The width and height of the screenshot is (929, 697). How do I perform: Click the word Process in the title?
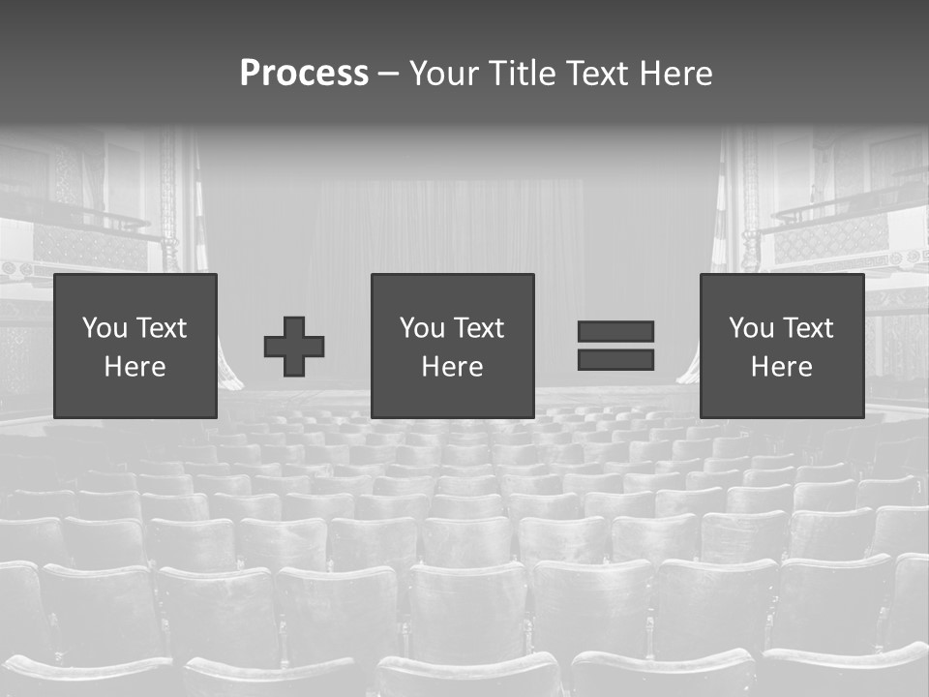click(x=304, y=74)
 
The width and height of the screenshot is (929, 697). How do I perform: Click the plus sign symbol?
click(x=294, y=347)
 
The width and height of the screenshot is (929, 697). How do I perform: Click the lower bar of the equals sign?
click(x=615, y=360)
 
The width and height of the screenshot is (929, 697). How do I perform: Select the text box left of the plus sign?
click(x=135, y=346)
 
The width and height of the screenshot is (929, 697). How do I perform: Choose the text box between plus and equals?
click(x=452, y=346)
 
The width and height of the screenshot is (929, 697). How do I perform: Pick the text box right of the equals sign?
click(x=781, y=346)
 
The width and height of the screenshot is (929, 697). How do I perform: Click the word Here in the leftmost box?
click(x=135, y=367)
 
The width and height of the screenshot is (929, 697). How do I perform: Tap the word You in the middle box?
click(x=422, y=328)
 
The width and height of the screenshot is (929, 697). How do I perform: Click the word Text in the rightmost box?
click(x=807, y=328)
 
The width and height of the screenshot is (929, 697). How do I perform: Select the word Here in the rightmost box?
click(x=781, y=367)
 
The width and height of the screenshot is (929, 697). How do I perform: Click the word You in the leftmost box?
click(x=105, y=328)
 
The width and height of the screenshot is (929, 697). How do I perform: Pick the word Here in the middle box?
click(x=452, y=367)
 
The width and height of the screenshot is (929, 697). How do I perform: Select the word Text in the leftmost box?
click(x=161, y=328)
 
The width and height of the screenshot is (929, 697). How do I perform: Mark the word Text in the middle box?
click(x=478, y=328)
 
